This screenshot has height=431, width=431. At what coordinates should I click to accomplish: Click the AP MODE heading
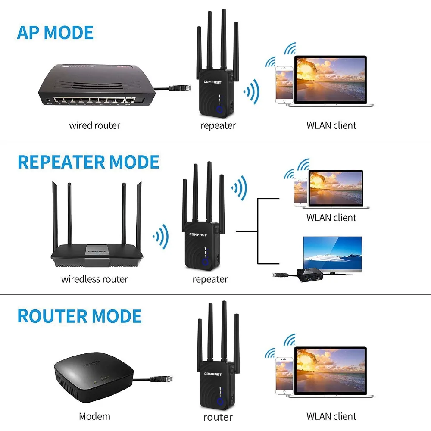coord(55,33)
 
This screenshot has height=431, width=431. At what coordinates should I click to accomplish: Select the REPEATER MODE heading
coord(88,162)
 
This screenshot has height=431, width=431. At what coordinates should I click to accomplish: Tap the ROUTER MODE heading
coord(79,316)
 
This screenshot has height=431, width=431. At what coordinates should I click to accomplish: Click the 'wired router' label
coord(94,125)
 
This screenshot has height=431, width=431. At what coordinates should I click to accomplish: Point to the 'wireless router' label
coord(94,279)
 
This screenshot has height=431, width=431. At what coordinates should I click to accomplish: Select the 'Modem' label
coord(94,416)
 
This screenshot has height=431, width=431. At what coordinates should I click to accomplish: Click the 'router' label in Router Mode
coord(218,417)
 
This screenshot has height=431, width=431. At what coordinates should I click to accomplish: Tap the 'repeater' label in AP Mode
coord(218,125)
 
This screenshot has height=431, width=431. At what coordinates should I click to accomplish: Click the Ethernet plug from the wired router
coord(177,88)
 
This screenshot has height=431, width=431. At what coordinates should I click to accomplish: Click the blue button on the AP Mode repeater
coord(220,110)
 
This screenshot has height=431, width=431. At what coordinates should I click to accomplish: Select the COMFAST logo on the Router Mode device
coord(212,374)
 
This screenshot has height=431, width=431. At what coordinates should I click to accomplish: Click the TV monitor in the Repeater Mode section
coord(332,254)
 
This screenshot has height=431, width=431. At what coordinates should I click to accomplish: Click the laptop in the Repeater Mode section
coord(336,189)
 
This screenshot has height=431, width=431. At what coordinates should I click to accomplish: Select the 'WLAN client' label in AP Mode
coord(331,125)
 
